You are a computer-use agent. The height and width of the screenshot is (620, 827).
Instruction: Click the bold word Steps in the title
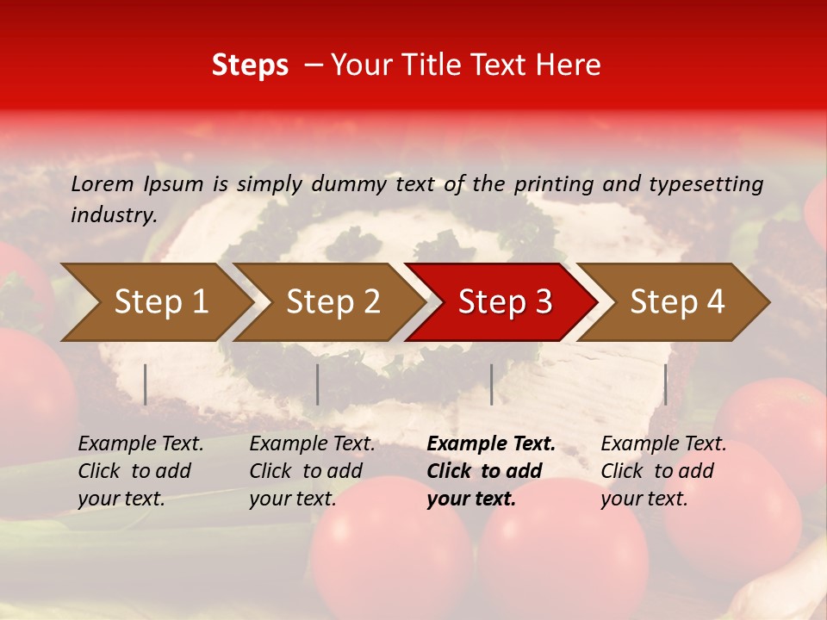[x=250, y=65]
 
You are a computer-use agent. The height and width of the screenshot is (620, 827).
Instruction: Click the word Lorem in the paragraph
[x=102, y=183]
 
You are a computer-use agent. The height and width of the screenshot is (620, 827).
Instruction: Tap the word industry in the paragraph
[x=114, y=214]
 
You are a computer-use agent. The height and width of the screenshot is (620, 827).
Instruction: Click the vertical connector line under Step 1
[x=146, y=384]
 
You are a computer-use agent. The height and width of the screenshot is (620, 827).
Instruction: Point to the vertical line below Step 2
[x=318, y=384]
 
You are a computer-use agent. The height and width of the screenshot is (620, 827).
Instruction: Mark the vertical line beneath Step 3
[x=491, y=384]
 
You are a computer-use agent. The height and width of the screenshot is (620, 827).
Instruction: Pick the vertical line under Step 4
[x=665, y=384]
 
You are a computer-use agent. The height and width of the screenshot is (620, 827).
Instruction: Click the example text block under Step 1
[x=140, y=471]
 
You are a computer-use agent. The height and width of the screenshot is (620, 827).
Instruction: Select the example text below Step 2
[x=312, y=471]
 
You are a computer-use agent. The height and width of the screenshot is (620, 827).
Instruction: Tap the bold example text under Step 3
[x=490, y=471]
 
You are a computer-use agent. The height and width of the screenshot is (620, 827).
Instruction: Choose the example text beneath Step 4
[x=663, y=471]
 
